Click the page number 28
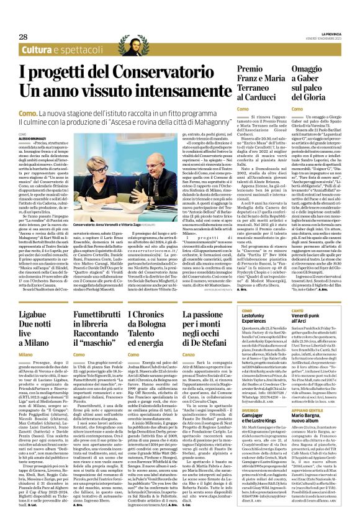pos(23,37)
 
